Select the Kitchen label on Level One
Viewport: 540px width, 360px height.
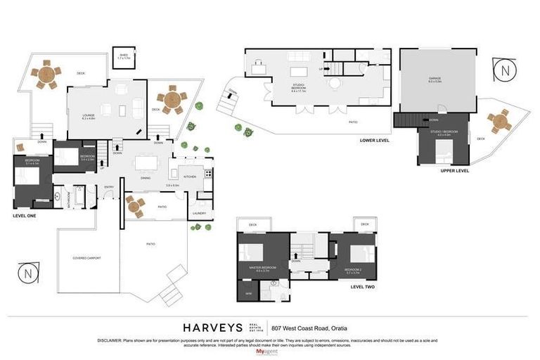click(x=189, y=177)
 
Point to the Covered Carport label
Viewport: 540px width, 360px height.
click(x=86, y=258)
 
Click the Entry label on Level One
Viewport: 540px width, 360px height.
click(x=109, y=186)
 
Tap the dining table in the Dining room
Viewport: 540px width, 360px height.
click(x=147, y=163)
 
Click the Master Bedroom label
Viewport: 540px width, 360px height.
click(x=262, y=268)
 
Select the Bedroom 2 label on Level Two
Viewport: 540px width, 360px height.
click(x=354, y=270)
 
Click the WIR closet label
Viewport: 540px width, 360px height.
click(x=248, y=292)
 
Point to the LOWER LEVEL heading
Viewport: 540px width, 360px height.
click(x=374, y=140)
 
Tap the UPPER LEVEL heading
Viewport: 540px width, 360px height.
click(x=454, y=170)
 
